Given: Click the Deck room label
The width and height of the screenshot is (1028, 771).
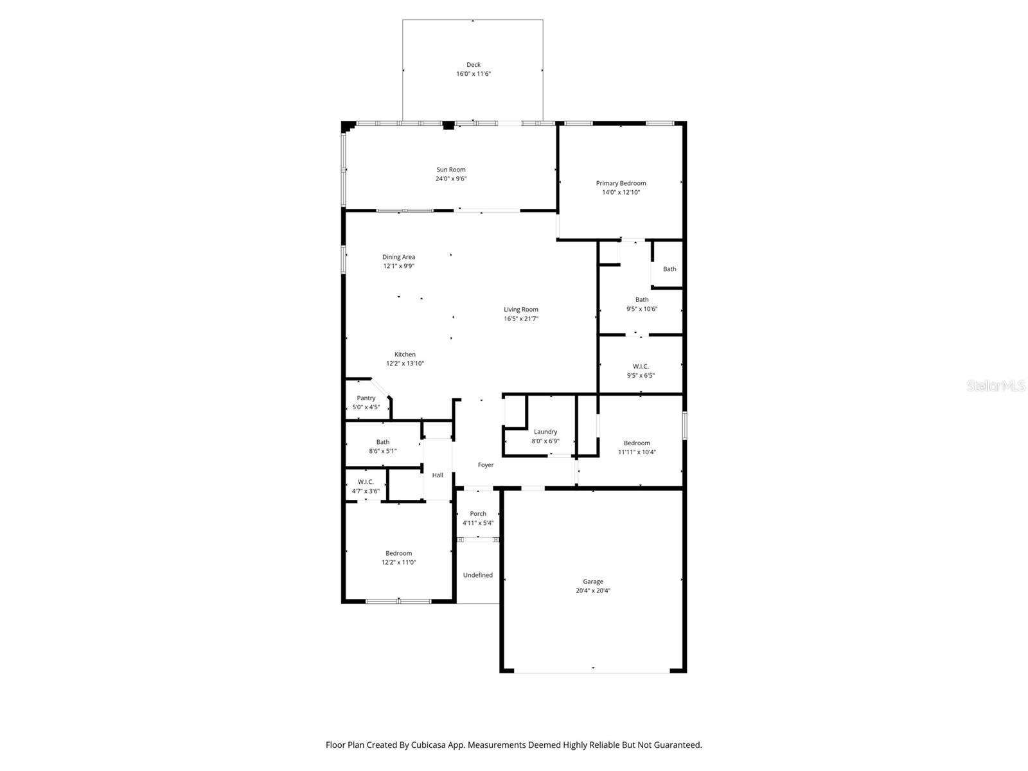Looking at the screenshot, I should tap(474, 65).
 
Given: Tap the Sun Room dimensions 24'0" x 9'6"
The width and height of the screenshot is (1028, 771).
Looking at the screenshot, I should tap(451, 179).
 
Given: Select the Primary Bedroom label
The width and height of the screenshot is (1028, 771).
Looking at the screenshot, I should tap(621, 183).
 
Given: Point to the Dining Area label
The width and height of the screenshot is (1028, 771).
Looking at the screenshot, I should tap(398, 257).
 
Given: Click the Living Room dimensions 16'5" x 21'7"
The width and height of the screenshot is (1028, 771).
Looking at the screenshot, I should tap(521, 319).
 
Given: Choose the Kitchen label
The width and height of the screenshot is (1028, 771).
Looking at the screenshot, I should tap(405, 355).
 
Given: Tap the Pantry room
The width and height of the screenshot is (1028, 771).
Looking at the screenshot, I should tap(366, 402).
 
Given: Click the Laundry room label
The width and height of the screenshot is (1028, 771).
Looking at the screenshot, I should tap(545, 432).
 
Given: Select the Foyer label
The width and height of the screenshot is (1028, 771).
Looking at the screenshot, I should tap(486, 465).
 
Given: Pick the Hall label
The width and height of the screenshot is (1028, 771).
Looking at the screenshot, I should tap(438, 475).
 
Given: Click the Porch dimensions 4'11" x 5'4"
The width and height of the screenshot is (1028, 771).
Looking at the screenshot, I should tap(478, 523).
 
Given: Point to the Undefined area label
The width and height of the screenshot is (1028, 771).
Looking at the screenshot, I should tap(478, 575).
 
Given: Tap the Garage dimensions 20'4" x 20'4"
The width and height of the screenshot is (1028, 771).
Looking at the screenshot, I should tap(593, 590).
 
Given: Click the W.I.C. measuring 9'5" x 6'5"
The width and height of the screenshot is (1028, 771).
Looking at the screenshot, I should tap(641, 371).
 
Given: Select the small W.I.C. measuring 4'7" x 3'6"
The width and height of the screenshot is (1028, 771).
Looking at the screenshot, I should tap(366, 486).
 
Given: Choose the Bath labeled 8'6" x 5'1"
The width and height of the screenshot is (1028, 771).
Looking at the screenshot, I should tap(383, 447).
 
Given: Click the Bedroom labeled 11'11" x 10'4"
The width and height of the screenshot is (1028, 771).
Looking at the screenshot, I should tap(637, 447).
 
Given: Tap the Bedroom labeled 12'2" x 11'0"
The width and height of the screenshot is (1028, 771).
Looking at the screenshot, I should tap(398, 558).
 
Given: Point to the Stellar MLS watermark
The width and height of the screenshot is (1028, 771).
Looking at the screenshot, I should tap(996, 385).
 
